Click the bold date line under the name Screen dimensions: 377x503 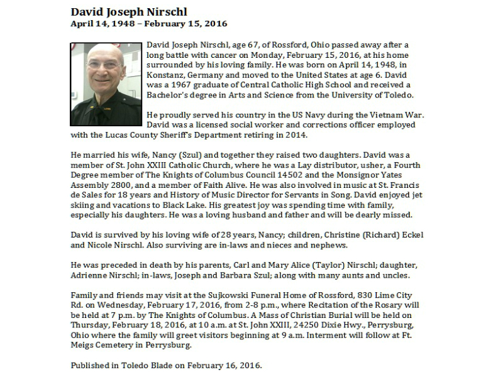[x=148, y=24]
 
